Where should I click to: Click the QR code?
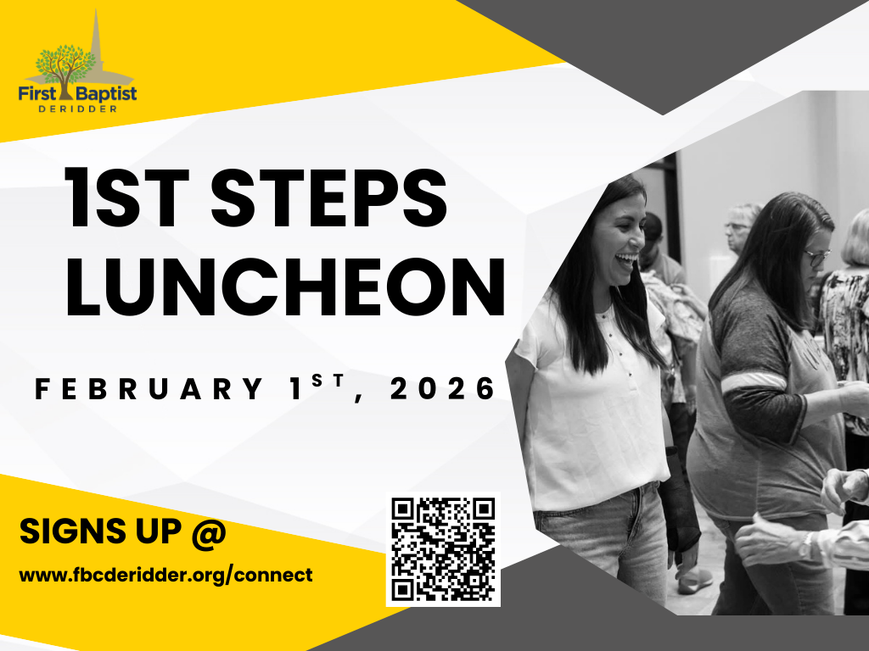pyautogui.click(x=443, y=548)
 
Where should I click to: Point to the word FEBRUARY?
pyautogui.click(x=148, y=389)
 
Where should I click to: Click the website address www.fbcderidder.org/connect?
pyautogui.click(x=166, y=575)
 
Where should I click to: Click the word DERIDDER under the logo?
pyautogui.click(x=77, y=108)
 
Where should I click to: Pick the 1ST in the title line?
pyautogui.click(x=127, y=201)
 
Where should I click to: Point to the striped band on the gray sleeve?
pyautogui.click(x=753, y=381)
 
